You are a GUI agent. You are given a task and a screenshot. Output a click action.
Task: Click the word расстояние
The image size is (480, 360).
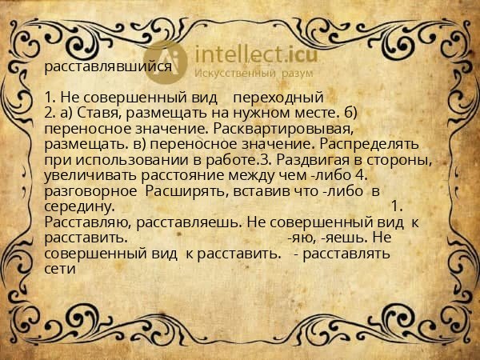coord(186,174)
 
